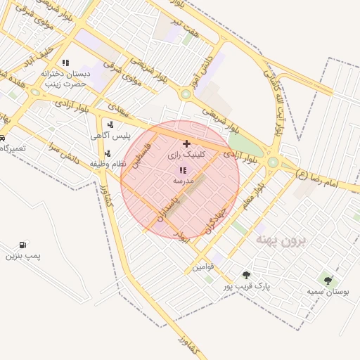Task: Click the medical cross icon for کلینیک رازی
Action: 186,143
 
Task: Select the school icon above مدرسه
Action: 183,170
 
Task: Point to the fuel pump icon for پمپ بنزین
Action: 23,245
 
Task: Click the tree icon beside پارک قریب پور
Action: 246,275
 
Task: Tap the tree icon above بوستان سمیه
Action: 328,280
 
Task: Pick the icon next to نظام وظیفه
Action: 107,154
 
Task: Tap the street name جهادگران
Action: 214,220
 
